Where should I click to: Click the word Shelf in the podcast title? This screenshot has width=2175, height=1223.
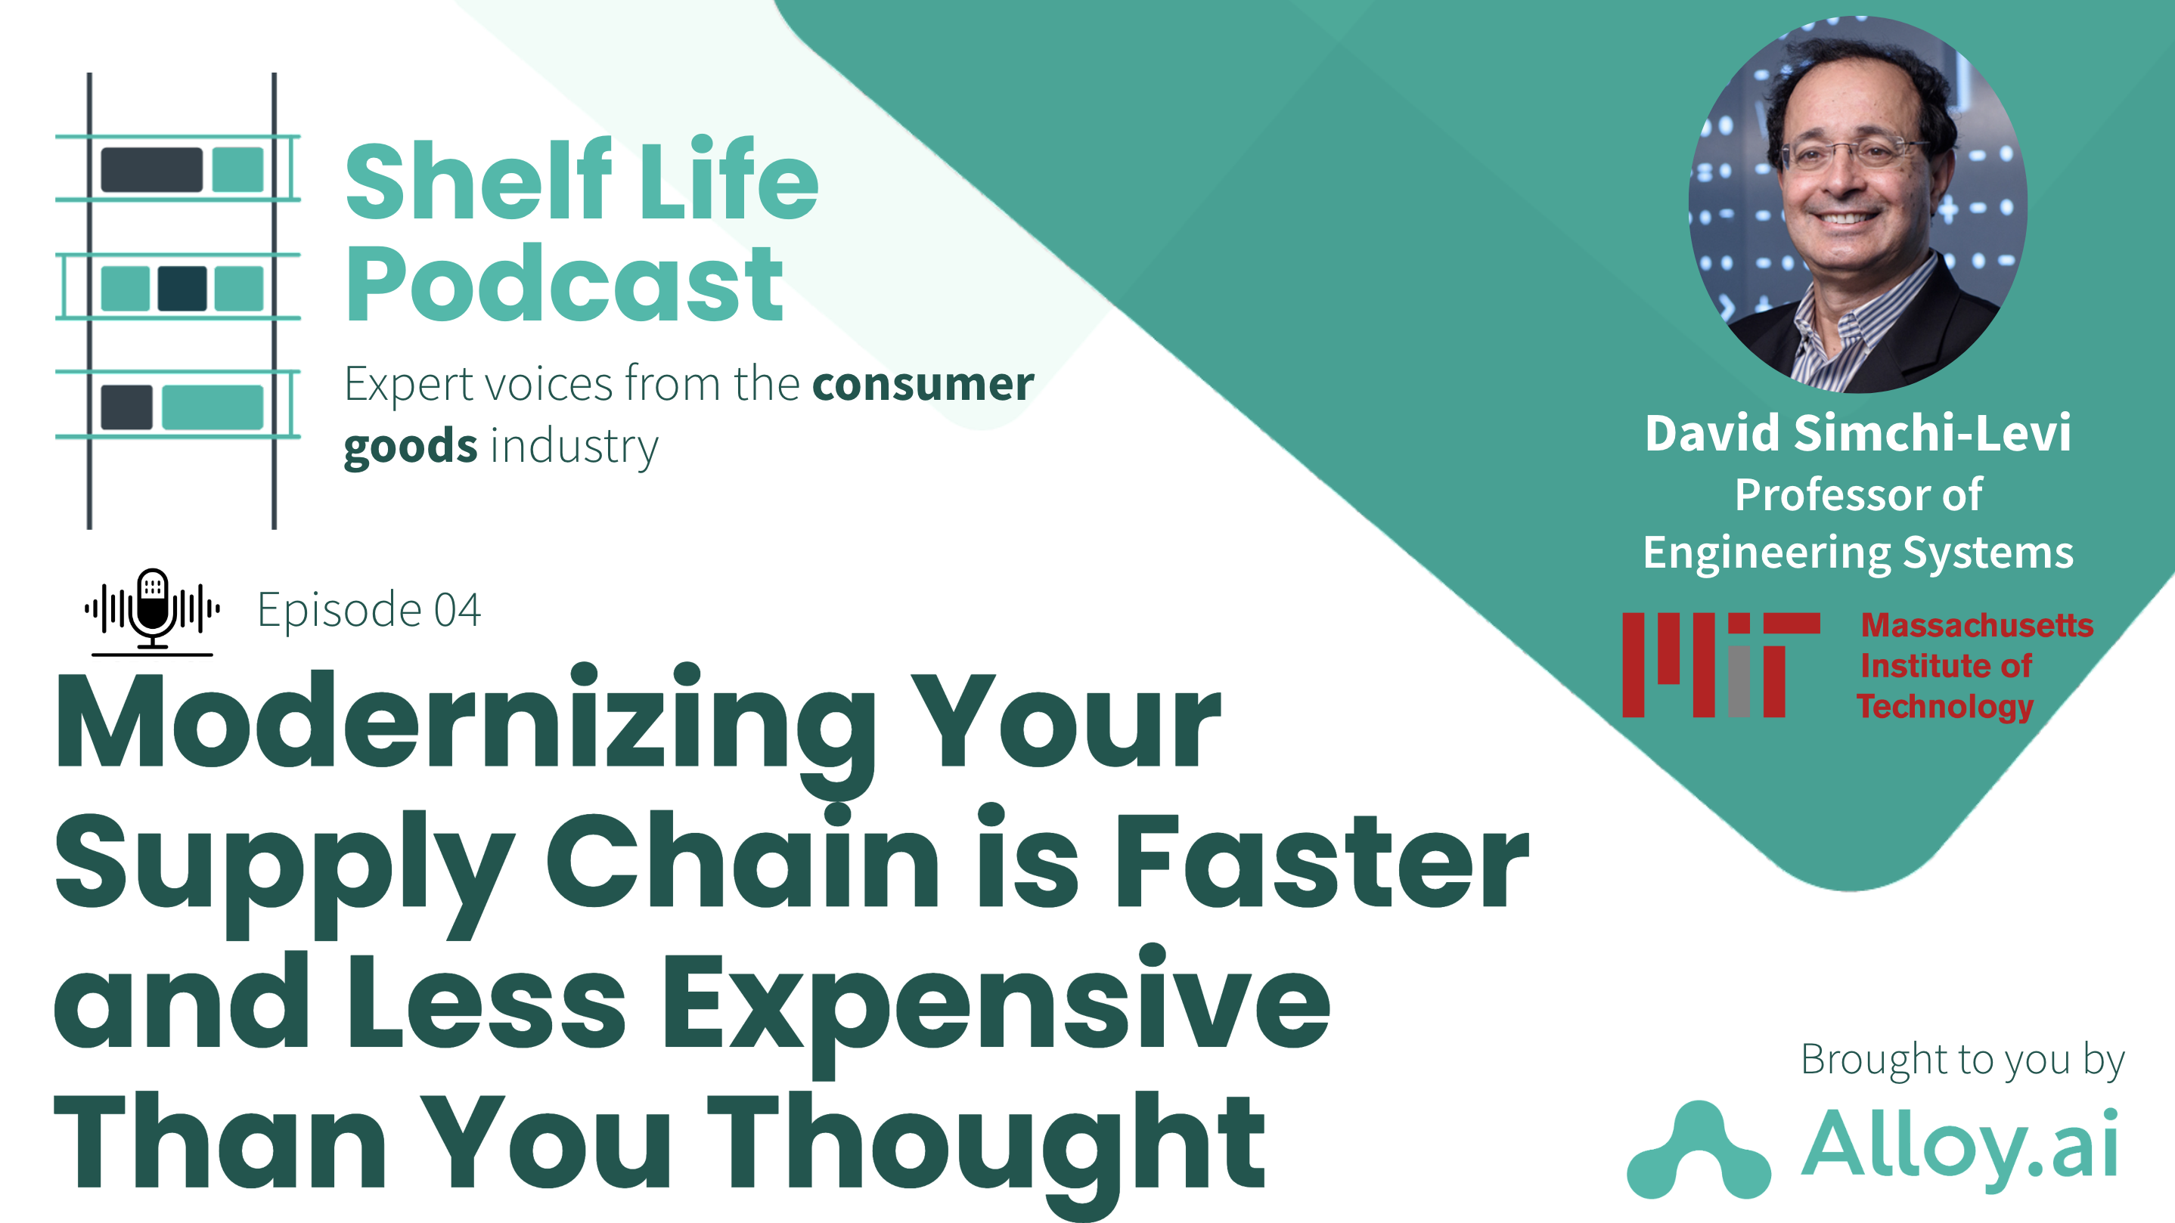point(477,181)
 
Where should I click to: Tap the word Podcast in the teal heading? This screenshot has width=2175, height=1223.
point(564,284)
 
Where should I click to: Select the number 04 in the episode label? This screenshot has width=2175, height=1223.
point(457,610)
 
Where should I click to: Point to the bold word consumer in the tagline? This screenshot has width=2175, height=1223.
point(922,384)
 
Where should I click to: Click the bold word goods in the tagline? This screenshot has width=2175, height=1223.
point(411,446)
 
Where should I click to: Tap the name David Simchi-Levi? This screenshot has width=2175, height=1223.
point(1857,434)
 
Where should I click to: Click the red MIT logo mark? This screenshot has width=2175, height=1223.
point(1719,664)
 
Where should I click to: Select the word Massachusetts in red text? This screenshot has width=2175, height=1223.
point(1977,625)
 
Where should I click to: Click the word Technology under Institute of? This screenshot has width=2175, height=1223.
point(1944,706)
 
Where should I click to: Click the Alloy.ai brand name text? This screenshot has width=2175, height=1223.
point(1959,1145)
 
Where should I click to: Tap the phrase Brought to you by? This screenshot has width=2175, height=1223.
point(1962,1059)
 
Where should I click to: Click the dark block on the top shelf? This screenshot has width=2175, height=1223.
point(151,169)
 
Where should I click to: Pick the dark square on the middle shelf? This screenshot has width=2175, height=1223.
point(182,288)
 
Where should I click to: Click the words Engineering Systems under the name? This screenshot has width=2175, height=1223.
point(1857,553)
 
